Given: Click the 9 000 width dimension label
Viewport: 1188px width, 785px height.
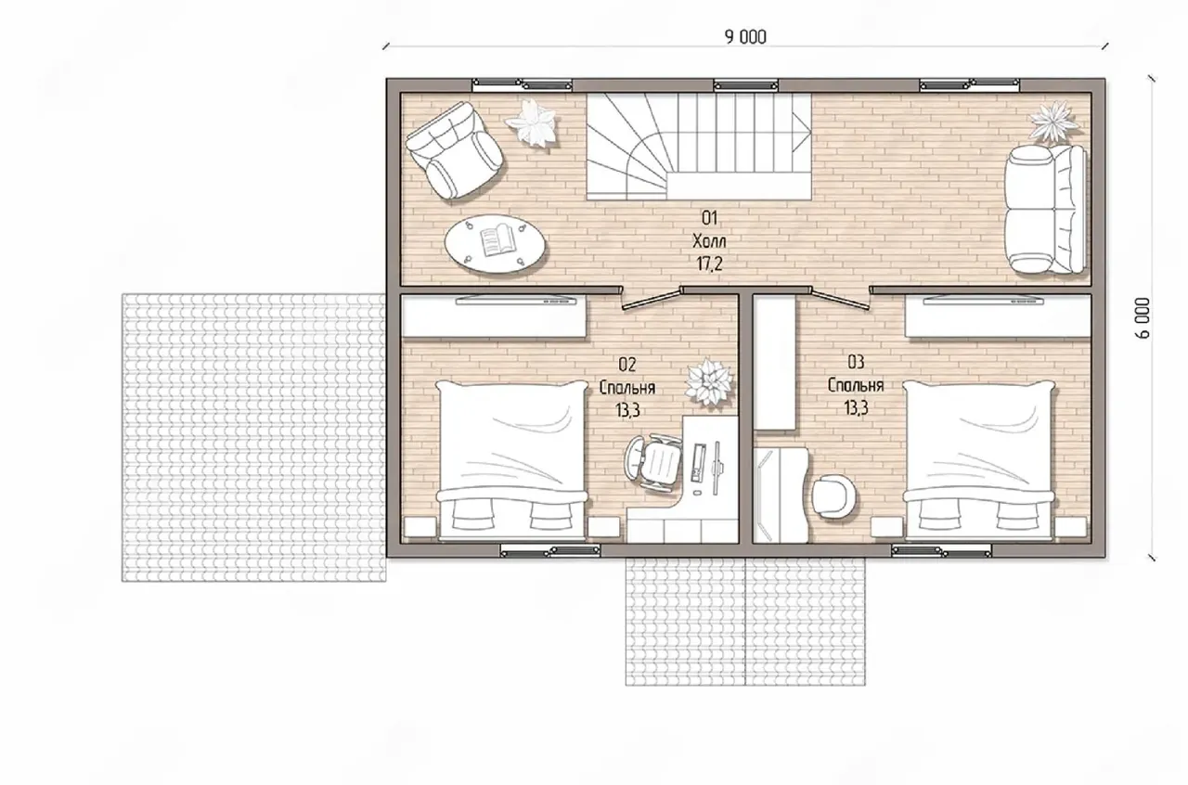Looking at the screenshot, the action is click(x=745, y=37).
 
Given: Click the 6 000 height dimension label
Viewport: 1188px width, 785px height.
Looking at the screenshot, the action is click(x=1143, y=317).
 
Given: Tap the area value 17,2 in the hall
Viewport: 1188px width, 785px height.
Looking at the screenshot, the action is click(x=709, y=264).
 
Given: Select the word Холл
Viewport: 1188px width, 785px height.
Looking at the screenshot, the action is click(x=709, y=241).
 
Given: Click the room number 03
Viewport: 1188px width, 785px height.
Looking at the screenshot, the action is click(x=856, y=362).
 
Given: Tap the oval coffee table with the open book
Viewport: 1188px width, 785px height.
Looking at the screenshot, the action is click(x=495, y=243).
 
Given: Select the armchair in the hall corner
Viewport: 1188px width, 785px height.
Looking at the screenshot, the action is click(x=455, y=150).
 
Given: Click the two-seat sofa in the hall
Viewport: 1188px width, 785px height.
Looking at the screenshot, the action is click(x=1045, y=209).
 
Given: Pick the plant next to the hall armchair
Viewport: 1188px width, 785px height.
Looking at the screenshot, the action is click(x=531, y=123).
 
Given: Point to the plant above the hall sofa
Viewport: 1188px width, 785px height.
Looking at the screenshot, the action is click(x=1052, y=122).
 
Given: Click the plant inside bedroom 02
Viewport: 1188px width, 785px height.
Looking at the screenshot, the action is click(x=708, y=382).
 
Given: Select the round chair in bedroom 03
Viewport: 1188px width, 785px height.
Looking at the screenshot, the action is click(x=833, y=495).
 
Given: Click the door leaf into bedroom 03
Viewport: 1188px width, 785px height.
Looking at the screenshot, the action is click(x=841, y=299).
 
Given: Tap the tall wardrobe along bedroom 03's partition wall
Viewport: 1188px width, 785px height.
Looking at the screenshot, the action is click(x=775, y=363).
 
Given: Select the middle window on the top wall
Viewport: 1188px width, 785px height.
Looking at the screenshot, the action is click(x=745, y=84).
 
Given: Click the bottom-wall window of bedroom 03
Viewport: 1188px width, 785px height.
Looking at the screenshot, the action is click(x=941, y=551).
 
